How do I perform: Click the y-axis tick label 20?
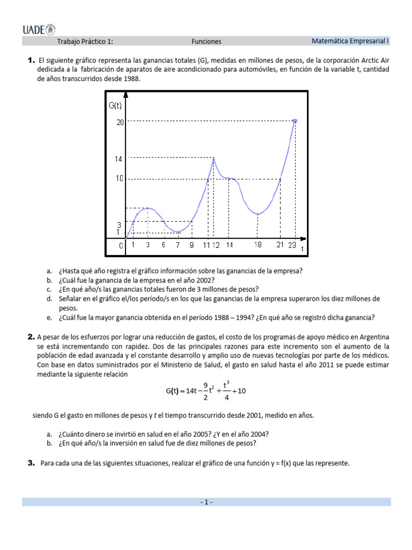point(120,122)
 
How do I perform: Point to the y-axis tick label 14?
point(120,159)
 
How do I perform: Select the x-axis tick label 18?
point(258,245)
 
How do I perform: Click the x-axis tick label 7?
point(178,245)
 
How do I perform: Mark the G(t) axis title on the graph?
point(116,106)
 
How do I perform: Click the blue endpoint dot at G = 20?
point(295,121)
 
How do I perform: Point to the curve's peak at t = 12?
point(214,158)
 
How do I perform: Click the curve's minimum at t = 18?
point(258,214)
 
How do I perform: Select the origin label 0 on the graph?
point(121,245)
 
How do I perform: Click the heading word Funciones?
point(206,41)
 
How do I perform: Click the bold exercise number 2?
point(31,337)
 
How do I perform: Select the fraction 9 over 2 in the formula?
point(206,390)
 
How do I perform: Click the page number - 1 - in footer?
point(206,502)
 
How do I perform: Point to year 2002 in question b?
point(204,280)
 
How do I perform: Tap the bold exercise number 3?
point(31,462)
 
